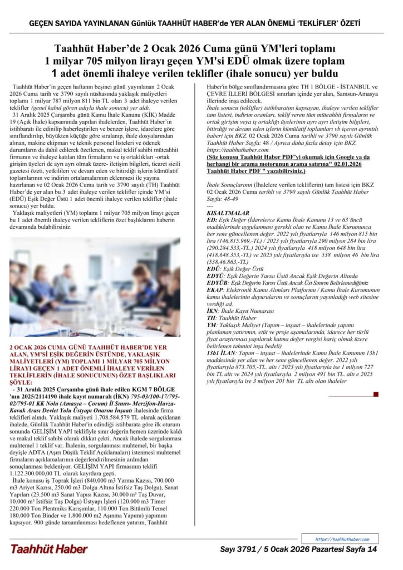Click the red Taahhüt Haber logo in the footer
pos(49,549)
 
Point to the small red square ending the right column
pos(376,394)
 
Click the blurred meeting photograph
pos(95,287)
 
